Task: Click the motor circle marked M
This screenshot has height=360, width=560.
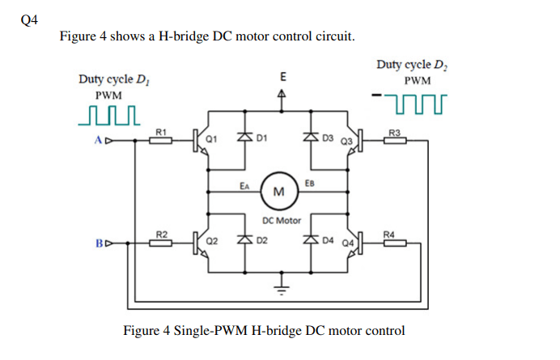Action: tap(279, 191)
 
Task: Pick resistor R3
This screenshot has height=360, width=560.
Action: tap(395, 140)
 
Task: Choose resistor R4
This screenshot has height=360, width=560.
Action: tap(395, 242)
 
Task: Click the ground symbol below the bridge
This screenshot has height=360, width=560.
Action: tap(282, 286)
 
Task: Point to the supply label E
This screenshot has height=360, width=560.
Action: tap(282, 77)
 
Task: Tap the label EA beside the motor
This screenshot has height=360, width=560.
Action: tap(244, 185)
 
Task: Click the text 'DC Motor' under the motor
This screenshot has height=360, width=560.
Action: tap(282, 219)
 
